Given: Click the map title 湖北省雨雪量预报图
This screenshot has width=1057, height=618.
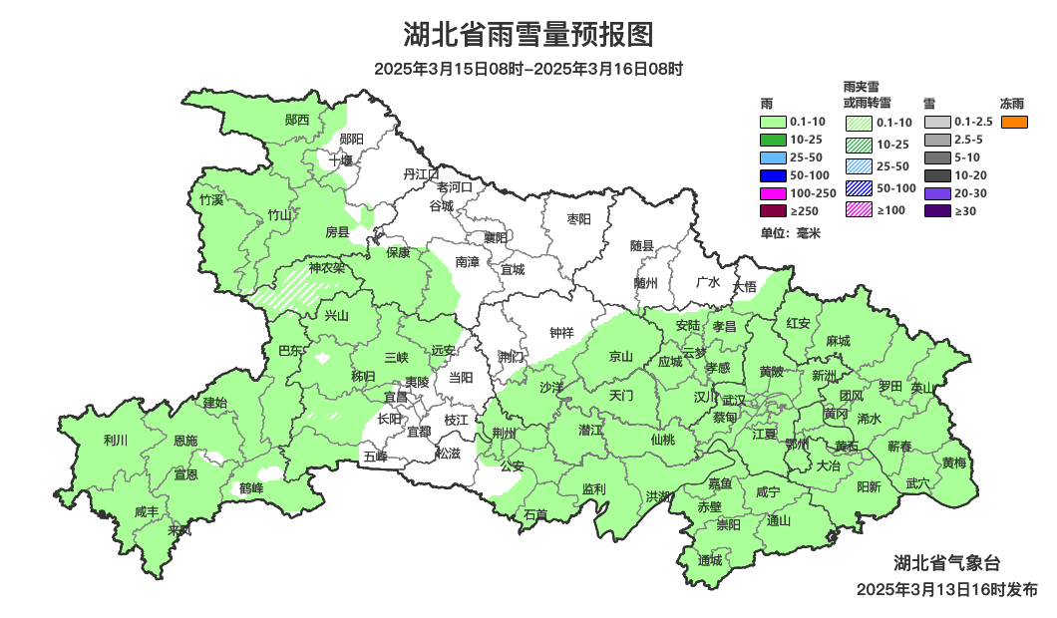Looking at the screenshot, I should [x=528, y=35].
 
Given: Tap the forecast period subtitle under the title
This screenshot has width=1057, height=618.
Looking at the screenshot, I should [x=528, y=70].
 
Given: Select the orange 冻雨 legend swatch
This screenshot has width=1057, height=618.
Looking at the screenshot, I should [x=1014, y=122].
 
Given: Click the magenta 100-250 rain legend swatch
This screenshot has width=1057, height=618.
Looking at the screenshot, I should [x=774, y=192].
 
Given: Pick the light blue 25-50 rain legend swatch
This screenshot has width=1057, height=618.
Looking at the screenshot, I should [x=774, y=157].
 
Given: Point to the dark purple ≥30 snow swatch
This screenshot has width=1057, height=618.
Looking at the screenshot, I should [x=936, y=210].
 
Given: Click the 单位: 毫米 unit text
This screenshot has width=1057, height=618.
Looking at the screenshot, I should [x=790, y=233].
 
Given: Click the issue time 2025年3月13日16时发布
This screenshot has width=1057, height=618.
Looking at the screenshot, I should [x=946, y=589].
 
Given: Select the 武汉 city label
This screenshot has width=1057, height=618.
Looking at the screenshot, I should [x=735, y=399].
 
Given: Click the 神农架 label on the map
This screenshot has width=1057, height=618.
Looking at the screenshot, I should [x=326, y=268].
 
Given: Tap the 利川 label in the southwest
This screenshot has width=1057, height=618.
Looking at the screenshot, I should [x=116, y=440].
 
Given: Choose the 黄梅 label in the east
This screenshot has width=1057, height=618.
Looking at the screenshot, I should [x=953, y=463].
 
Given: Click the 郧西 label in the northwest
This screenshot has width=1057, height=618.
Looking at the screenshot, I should [x=297, y=120].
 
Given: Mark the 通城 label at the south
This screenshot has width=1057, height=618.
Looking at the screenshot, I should [x=710, y=560].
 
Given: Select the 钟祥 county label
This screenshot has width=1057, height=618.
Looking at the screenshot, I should [x=562, y=333].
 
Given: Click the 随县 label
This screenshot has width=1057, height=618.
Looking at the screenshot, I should [x=642, y=245].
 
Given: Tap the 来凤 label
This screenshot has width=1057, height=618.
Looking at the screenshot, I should [x=179, y=530].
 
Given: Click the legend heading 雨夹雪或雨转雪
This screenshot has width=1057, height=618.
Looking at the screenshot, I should [x=868, y=95].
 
